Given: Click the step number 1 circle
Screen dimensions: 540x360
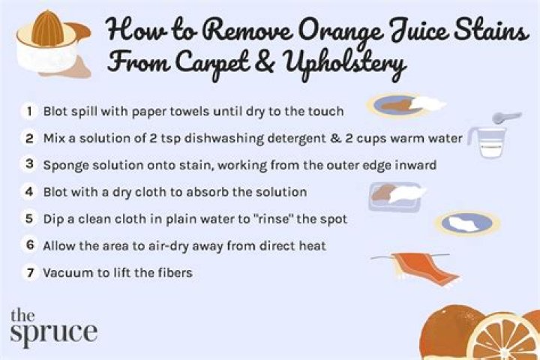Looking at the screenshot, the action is [30, 111].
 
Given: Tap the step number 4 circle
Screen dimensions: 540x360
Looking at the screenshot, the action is [29, 192].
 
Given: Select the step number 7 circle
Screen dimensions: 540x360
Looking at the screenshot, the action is [30, 273].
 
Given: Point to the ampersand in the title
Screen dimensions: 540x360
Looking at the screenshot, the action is [265, 62].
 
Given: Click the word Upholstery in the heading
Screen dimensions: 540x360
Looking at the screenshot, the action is [343, 64].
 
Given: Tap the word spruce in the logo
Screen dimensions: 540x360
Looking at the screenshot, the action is [54, 332].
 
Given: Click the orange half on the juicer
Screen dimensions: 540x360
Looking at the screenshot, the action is [47, 28].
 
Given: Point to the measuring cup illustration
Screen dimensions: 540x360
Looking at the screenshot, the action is [487, 142].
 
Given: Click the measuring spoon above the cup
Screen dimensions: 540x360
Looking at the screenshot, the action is [506, 118].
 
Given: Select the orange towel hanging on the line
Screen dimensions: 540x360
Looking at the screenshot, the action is [425, 268].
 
